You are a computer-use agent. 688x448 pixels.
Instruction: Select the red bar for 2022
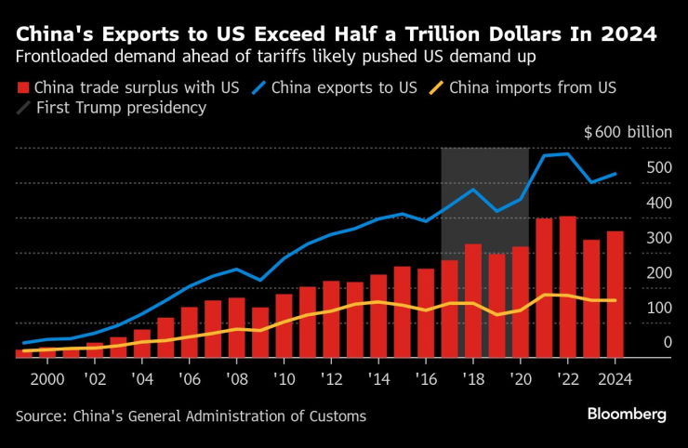click(567, 287)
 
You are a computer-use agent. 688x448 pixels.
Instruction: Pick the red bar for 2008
click(236, 327)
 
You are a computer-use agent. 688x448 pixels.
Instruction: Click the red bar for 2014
click(378, 316)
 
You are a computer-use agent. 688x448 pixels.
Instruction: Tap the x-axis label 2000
click(47, 378)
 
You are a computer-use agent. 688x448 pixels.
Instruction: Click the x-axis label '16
click(426, 378)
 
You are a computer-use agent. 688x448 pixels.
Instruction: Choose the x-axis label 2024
click(615, 378)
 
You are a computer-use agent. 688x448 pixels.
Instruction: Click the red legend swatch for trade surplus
click(22, 89)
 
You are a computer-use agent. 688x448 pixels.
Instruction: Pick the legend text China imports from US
click(533, 89)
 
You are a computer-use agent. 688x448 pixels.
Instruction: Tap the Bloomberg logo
click(627, 415)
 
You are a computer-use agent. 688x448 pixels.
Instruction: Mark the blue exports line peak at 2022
click(567, 154)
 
